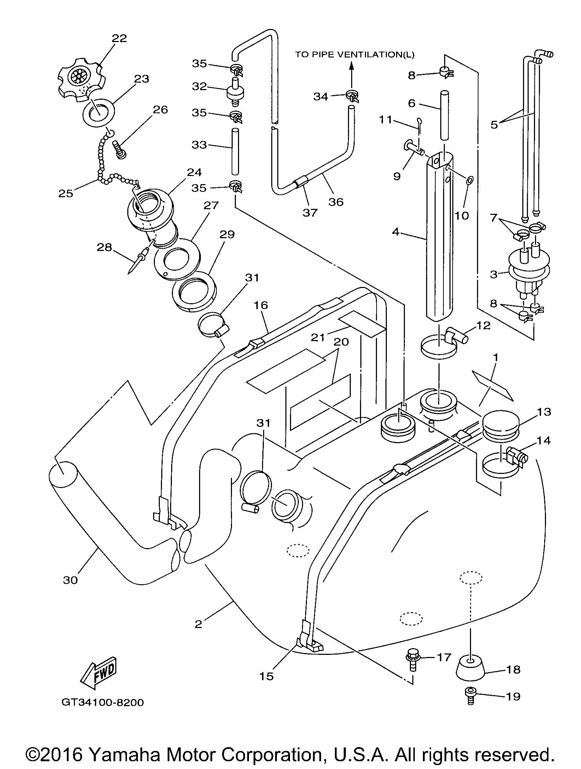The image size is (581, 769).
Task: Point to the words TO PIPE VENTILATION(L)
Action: (355, 54)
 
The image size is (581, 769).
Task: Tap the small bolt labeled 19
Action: (470, 696)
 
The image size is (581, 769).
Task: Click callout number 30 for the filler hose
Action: (70, 580)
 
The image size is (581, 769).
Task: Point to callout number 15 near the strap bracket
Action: (266, 676)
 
